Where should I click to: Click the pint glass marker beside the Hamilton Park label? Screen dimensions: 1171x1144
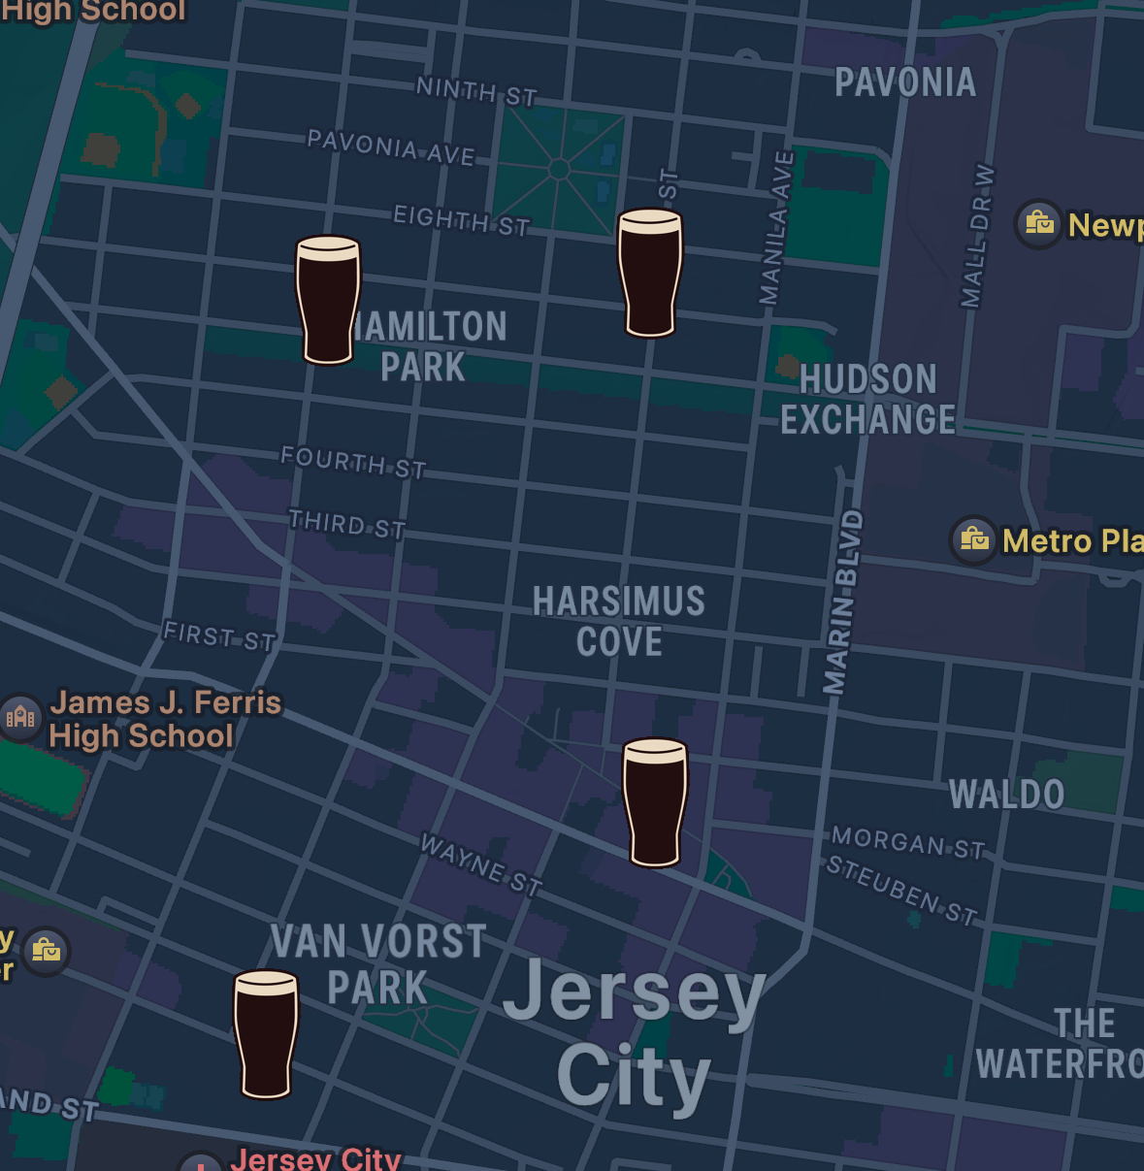point(328,300)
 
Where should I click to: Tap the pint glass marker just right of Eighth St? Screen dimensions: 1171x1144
point(650,273)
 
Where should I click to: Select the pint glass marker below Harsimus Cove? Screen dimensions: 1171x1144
point(655,801)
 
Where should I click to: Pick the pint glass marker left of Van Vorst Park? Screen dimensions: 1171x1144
point(266,1034)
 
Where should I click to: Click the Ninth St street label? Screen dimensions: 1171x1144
point(476,92)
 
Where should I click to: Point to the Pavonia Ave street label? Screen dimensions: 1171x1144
point(391,147)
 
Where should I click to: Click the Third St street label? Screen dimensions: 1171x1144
point(347,525)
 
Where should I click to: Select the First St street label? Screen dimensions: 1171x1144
point(219,636)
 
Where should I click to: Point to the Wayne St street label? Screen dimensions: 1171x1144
point(480,863)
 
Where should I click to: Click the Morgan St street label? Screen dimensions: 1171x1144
point(908,843)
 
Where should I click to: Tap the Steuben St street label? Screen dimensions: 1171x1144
point(901,891)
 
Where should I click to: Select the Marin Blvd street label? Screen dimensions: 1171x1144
point(842,602)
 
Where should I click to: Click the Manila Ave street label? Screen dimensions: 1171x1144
point(776,228)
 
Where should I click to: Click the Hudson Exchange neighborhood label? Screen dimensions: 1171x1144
point(867,400)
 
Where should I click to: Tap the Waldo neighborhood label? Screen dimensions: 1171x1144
point(1006,796)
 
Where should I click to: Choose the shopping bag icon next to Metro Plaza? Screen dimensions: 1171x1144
point(974,538)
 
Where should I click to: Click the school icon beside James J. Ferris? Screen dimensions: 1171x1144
point(20,718)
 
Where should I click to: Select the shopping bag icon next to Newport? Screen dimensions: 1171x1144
point(1039,224)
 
